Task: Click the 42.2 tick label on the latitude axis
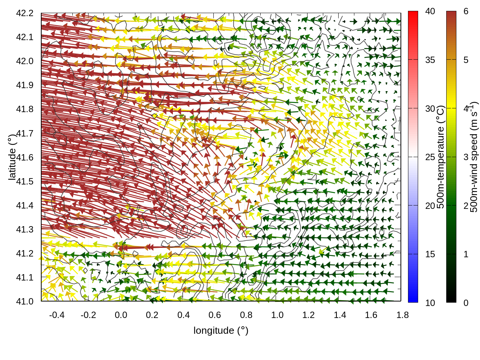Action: tap(25, 13)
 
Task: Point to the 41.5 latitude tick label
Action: tap(25, 181)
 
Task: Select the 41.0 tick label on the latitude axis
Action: tap(25, 301)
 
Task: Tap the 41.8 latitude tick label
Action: tap(25, 109)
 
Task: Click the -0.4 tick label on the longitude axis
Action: tap(57, 315)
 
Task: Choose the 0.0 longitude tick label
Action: tap(121, 315)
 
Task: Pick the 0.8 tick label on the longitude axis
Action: tap(246, 315)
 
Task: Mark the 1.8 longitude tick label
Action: tap(402, 315)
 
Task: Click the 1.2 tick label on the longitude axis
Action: tap(309, 315)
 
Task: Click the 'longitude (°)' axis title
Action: tap(221, 330)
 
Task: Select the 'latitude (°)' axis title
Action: tap(12, 157)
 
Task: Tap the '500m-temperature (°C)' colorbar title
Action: tap(441, 157)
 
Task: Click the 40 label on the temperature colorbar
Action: tap(430, 12)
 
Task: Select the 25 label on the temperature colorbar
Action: tap(430, 157)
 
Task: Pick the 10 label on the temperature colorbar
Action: tap(430, 303)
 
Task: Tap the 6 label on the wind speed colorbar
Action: tap(466, 12)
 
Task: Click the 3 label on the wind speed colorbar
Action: tap(466, 157)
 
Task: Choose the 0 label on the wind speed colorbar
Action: tap(466, 303)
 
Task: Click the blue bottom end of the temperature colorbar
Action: tap(413, 298)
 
